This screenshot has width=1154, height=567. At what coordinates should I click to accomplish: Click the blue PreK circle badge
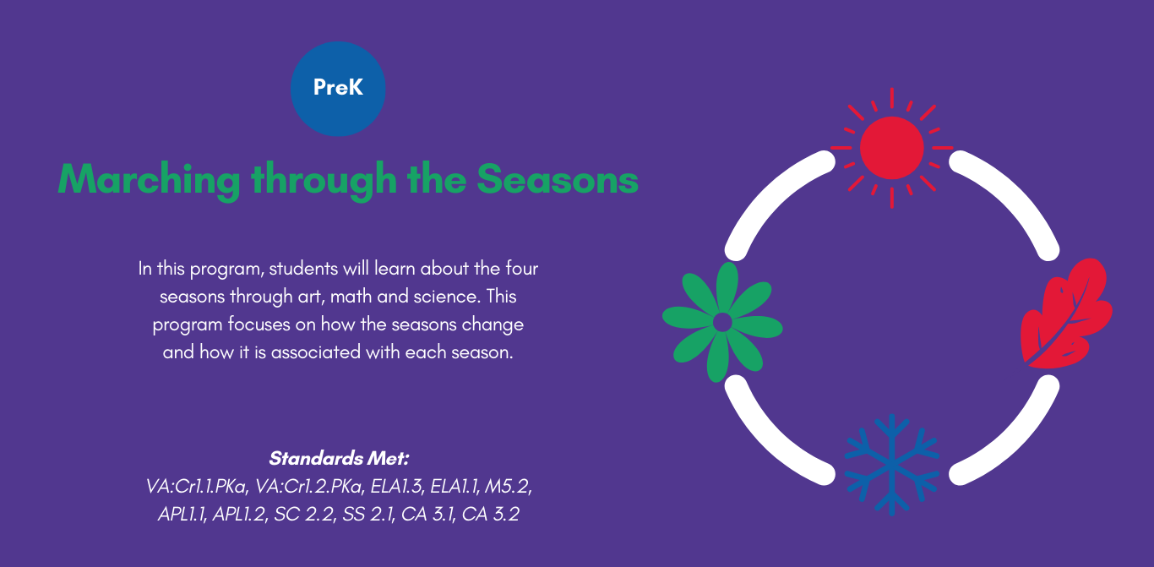338,89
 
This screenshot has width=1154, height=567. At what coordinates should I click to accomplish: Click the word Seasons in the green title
558,180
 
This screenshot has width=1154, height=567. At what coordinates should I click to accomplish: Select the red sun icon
892,148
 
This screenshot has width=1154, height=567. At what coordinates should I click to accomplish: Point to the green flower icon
722,322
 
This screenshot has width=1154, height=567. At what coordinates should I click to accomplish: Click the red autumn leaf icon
1066,313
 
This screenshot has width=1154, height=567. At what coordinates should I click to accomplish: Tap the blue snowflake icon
892,465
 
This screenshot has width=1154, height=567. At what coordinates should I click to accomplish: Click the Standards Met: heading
339,458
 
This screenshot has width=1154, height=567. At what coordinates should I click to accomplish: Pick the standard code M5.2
509,486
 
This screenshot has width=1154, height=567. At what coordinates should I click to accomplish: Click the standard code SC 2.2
304,514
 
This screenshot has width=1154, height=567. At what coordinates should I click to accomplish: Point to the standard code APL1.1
182,514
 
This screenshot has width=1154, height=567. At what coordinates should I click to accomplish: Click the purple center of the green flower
722,322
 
